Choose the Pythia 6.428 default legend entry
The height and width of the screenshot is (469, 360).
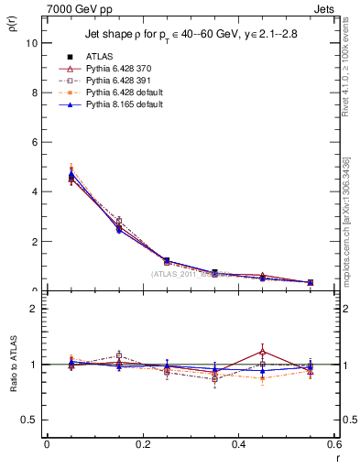(x=131, y=93)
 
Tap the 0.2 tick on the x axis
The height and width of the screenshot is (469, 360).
(x=142, y=443)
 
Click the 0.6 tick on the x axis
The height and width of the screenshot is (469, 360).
(x=334, y=443)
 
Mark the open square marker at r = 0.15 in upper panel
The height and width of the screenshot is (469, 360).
(x=119, y=221)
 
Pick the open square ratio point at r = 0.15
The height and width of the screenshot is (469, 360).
(x=119, y=355)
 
